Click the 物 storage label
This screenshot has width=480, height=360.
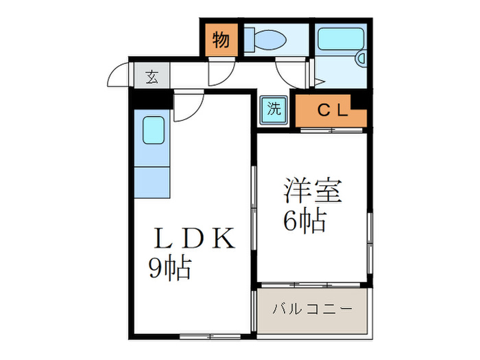pyautogui.click(x=221, y=40)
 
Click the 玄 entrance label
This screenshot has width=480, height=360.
pyautogui.click(x=152, y=77)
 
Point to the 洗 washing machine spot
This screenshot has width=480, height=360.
pyautogui.click(x=274, y=108)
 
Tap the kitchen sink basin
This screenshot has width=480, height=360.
pyautogui.click(x=153, y=130)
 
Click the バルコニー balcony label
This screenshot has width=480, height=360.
pyautogui.click(x=312, y=309)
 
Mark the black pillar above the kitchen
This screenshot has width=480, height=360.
pyautogui.click(x=152, y=99)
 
